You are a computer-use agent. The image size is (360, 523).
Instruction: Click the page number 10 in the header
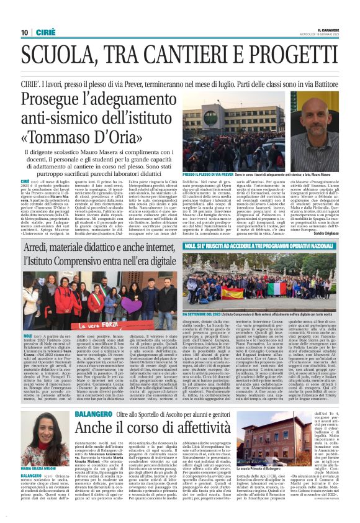click(24, 32)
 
